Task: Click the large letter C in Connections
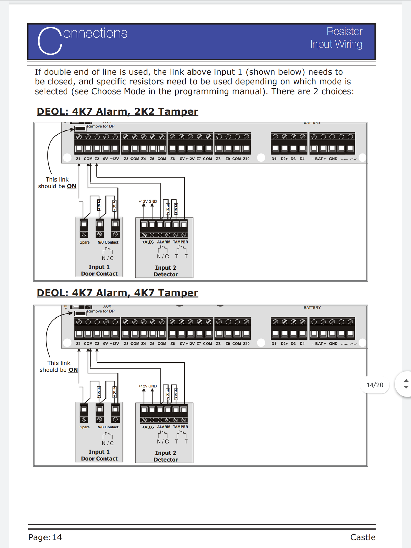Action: click(50, 41)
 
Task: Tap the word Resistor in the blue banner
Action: click(344, 32)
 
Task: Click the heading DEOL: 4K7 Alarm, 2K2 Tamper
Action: click(117, 112)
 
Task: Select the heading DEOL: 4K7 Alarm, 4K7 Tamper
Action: click(117, 293)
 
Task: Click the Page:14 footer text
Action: click(45, 537)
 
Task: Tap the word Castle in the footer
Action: click(363, 537)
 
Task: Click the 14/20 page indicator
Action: click(375, 385)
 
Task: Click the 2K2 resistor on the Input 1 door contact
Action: click(99, 205)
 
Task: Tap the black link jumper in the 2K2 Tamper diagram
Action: click(80, 129)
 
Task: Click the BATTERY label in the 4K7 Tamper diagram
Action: click(312, 308)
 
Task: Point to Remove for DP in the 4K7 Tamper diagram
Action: click(101, 311)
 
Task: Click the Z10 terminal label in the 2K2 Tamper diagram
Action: click(246, 159)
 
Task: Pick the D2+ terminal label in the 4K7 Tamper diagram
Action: click(284, 344)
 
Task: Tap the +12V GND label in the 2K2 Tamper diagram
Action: click(148, 201)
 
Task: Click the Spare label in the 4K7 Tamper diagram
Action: click(85, 427)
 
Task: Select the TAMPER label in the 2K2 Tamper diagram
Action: click(180, 242)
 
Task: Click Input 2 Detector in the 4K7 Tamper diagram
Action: click(166, 456)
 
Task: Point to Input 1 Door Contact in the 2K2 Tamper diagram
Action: click(99, 270)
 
